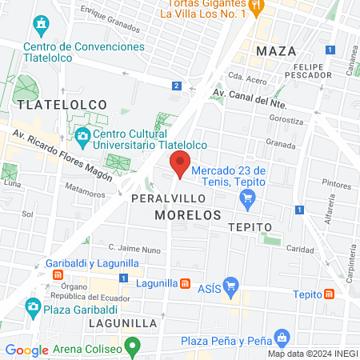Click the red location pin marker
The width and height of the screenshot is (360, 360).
click(x=180, y=163)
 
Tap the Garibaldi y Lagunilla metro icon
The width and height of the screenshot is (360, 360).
click(x=58, y=274)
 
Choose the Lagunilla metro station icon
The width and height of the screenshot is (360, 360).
click(x=185, y=283)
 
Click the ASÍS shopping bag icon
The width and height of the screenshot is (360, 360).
click(x=231, y=284)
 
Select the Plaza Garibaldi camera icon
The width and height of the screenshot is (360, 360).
click(x=33, y=306)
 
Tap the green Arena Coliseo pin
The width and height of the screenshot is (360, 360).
click(x=134, y=347)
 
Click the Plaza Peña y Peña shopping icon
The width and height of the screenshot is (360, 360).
click(x=280, y=338)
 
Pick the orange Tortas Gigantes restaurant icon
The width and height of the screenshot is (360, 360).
click(x=256, y=7)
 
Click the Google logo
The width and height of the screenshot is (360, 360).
click(x=26, y=350)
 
